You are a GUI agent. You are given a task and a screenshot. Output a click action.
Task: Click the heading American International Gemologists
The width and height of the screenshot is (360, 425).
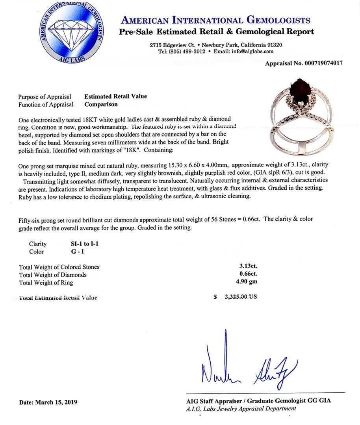215,20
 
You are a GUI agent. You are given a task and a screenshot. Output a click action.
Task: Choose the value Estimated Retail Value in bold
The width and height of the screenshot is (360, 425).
115,96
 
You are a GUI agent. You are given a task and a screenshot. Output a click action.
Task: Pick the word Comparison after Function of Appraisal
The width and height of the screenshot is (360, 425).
101,105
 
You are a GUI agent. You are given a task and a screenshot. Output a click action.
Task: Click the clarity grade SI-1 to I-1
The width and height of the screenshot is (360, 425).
82,244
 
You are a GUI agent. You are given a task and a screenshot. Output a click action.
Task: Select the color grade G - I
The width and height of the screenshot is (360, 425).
74,252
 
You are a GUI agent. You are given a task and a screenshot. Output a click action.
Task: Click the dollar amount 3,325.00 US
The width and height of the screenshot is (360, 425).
240,297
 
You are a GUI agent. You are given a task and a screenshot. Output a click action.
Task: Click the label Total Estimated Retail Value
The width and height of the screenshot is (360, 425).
58,297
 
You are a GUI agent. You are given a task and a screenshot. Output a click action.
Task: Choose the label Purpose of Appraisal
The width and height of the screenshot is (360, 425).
45,97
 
